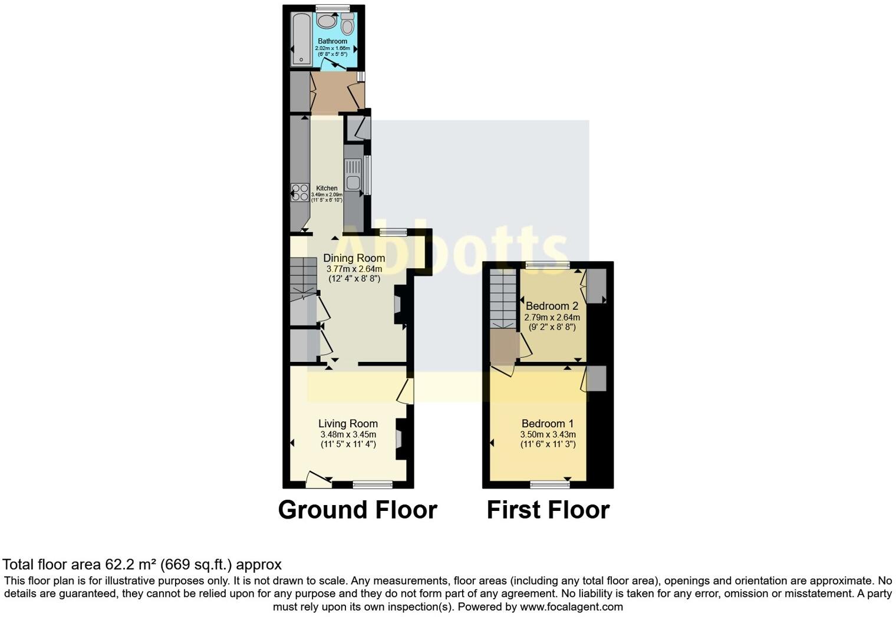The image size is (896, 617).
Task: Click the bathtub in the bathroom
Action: tap(301, 39)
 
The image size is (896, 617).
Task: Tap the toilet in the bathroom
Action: tap(347, 25)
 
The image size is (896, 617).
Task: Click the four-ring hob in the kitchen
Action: tap(299, 193)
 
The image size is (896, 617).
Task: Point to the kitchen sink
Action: tap(354, 182)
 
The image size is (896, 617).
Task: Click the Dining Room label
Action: tap(354, 258)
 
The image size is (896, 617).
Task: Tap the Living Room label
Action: tap(348, 424)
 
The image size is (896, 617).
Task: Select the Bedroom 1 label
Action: tap(547, 424)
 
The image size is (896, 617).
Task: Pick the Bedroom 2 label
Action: tap(552, 306)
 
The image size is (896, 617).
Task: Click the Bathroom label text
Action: tap(332, 41)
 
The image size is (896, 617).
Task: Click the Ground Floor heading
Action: tap(357, 510)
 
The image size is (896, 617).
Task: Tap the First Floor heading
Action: tap(548, 510)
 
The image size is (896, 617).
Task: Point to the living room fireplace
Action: tap(399, 439)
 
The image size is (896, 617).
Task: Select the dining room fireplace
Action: tap(398, 305)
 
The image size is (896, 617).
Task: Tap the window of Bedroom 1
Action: tap(549, 484)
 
